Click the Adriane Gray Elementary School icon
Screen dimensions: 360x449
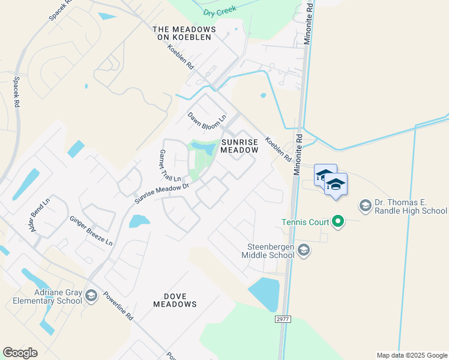(91, 295)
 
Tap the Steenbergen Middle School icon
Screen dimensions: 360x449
(304, 250)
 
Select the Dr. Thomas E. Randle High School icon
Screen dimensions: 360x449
(364, 206)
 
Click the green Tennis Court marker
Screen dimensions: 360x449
(338, 223)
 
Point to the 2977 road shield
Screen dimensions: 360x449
(284, 319)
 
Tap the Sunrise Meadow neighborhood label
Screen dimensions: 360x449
(240, 146)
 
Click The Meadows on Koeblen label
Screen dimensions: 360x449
(184, 33)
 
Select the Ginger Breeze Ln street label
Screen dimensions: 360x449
(91, 231)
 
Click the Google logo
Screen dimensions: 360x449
(20, 353)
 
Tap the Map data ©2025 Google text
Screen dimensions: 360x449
(412, 355)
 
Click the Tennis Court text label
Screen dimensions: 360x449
(306, 223)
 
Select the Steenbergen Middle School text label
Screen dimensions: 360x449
(270, 251)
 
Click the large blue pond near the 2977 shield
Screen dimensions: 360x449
(264, 294)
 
